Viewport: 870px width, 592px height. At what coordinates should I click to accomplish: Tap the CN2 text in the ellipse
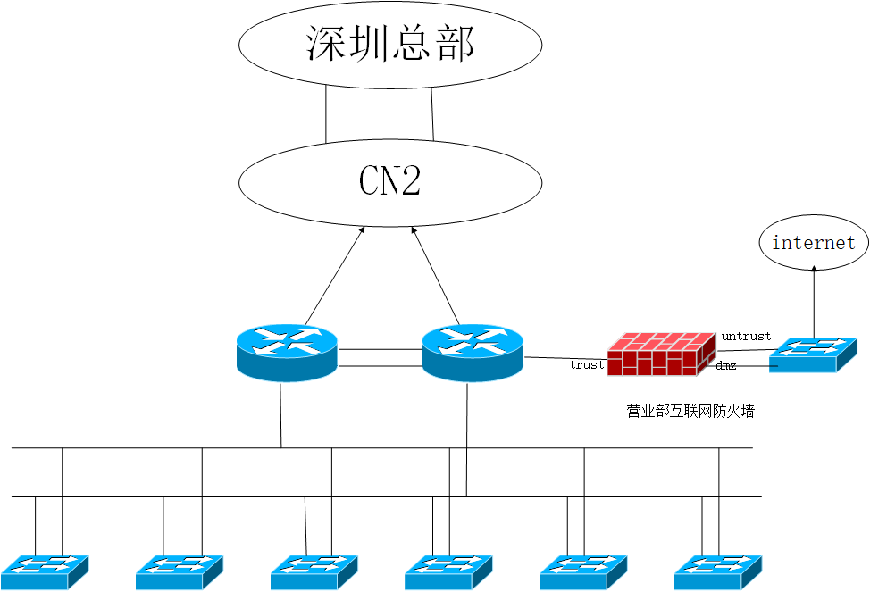(x=390, y=181)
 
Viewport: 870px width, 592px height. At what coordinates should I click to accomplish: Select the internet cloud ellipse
(x=814, y=242)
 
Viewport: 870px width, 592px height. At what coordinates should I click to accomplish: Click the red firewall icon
(x=661, y=354)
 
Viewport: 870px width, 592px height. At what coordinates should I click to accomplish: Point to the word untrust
(x=746, y=337)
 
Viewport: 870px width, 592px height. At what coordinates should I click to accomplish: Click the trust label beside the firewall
(x=587, y=364)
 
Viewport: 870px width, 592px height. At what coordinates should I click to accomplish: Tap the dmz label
(x=726, y=366)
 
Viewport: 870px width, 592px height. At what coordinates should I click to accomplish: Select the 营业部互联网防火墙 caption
(x=690, y=412)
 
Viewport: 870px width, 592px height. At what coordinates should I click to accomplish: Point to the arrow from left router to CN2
(x=335, y=275)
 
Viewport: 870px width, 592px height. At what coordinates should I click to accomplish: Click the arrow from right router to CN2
(x=436, y=275)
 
